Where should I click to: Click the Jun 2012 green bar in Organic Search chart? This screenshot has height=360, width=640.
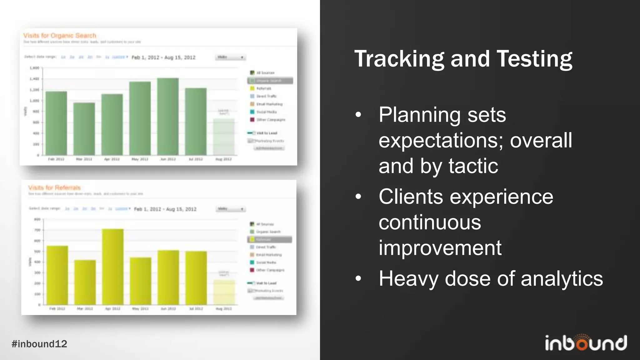pos(168,117)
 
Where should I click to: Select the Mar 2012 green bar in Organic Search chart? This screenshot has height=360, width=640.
pos(84,129)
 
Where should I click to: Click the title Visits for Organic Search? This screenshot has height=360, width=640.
pos(60,36)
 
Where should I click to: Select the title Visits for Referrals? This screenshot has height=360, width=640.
pos(54,187)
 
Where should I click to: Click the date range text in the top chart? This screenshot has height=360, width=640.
pos(163,57)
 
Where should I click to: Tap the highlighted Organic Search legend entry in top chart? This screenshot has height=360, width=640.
pos(270,81)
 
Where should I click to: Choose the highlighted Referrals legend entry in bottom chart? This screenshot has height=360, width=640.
pos(269,239)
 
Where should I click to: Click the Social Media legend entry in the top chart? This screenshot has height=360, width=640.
pos(266,112)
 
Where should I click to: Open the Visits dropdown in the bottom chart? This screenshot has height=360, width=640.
pos(231,209)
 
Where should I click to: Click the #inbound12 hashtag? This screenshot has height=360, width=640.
pos(39,344)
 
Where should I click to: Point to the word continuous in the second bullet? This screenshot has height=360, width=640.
pos(430,222)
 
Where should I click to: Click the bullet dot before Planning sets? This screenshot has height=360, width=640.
pos(358,115)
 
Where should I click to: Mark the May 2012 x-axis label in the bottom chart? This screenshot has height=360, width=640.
pos(140,309)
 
